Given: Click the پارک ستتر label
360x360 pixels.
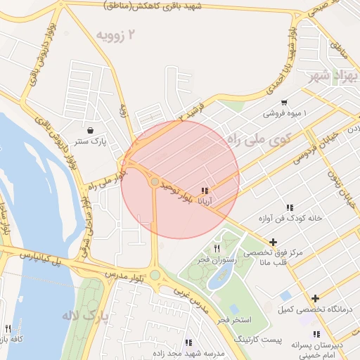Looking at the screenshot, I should coord(91,141).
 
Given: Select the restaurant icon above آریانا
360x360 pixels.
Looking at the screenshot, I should coord(205,191).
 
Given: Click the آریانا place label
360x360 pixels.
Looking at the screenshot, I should coord(205,201).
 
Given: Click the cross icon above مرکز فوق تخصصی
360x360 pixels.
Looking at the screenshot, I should coord(273,242).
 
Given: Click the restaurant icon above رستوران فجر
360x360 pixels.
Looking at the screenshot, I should coord(217,249).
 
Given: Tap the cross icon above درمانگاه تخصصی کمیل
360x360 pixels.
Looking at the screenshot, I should coord(315,298).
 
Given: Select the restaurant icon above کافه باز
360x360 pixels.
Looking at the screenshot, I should coord(8,328).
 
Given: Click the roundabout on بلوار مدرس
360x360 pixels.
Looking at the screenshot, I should coord(155,276).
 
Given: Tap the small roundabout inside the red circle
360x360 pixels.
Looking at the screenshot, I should coord(155,182).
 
